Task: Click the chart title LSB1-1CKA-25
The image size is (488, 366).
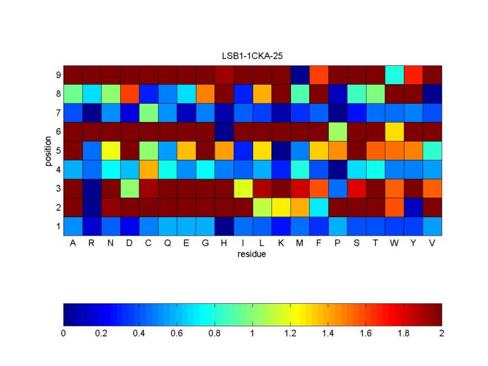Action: coord(252,56)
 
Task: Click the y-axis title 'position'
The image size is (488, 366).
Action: coord(47,150)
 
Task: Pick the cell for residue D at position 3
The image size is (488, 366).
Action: coord(130,188)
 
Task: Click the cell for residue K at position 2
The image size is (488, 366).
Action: coord(281,207)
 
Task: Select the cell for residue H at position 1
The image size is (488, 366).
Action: coord(224,226)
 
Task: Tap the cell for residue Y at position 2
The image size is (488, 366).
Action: coord(414,207)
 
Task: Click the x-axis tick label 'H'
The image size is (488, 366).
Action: coord(224,243)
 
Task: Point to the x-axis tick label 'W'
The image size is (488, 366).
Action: coord(395,243)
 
